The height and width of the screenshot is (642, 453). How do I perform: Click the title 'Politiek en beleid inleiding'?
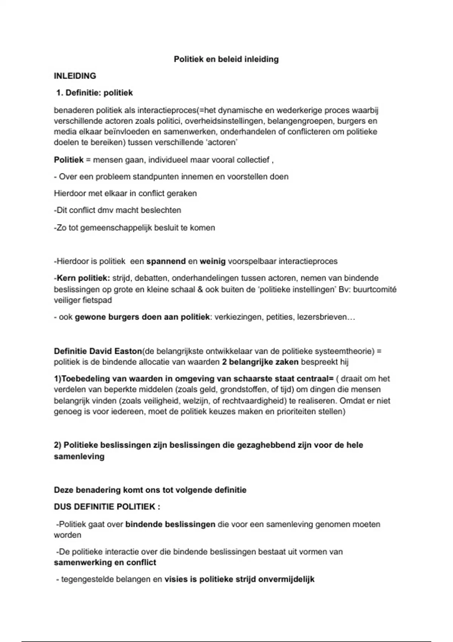pyautogui.click(x=226, y=59)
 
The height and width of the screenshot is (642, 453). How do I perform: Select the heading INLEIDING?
pyautogui.click(x=75, y=76)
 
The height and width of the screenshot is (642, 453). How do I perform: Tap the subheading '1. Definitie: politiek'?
pyautogui.click(x=94, y=93)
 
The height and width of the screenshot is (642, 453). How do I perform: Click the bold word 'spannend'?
pyautogui.click(x=166, y=261)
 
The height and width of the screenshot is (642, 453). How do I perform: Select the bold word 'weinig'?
pyautogui.click(x=213, y=261)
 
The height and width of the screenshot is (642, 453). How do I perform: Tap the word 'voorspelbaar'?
pyautogui.click(x=252, y=261)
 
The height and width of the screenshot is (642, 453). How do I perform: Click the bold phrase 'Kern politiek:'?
pyautogui.click(x=83, y=278)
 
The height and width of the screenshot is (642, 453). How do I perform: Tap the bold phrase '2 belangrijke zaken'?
pyautogui.click(x=260, y=362)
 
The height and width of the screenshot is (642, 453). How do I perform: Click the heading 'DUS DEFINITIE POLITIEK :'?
pyautogui.click(x=107, y=507)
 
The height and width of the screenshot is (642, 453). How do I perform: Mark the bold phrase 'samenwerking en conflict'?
pyautogui.click(x=105, y=563)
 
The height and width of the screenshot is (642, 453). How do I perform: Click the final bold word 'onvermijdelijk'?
pyautogui.click(x=286, y=579)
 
